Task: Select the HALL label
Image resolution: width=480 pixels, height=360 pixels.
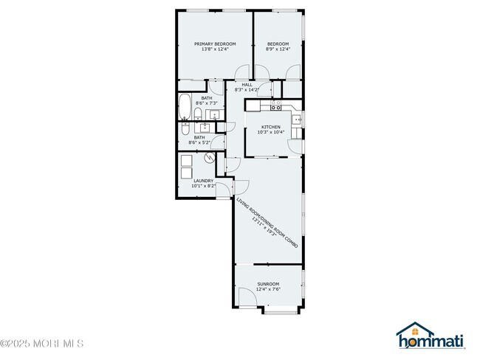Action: [x=247, y=84]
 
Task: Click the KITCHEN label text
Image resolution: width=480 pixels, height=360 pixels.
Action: [x=270, y=127]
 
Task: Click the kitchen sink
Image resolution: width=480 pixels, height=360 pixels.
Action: [x=296, y=119]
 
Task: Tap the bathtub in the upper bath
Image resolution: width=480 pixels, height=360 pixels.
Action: [x=185, y=108]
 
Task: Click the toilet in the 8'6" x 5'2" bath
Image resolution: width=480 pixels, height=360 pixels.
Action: [x=187, y=129]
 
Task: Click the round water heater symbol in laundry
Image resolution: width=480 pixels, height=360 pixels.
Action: [x=210, y=157]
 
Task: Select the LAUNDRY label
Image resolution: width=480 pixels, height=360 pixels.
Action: [x=203, y=180]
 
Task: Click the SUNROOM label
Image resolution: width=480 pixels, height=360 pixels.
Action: [x=268, y=284]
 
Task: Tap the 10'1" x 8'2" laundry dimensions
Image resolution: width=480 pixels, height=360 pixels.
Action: [x=204, y=186]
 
